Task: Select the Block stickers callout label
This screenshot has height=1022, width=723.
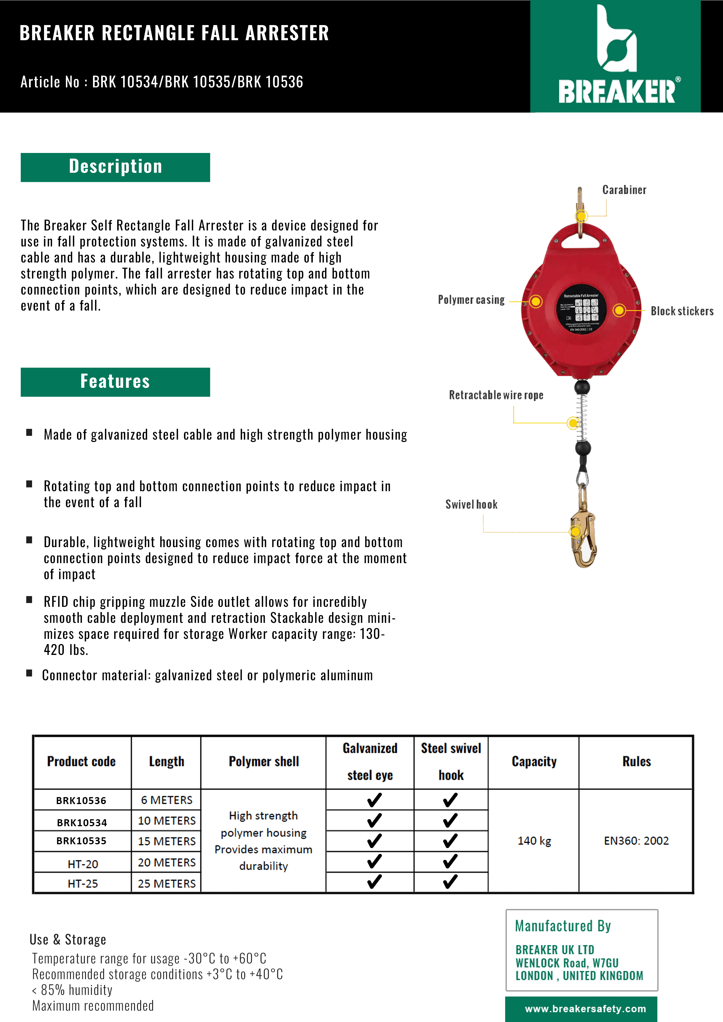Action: [682, 311]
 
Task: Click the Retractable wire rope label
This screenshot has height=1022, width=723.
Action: [496, 395]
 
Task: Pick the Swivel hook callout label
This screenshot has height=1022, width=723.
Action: [471, 504]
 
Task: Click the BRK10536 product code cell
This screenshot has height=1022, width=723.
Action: [82, 800]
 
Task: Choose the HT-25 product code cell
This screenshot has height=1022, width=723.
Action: [83, 884]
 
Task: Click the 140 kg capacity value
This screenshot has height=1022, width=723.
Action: [534, 841]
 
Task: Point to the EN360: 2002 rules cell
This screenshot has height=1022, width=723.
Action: [636, 841]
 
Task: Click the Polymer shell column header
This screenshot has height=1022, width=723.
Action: [264, 762]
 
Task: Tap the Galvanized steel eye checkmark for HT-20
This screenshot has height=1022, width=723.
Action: [374, 862]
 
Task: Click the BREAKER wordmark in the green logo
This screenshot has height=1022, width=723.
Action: [617, 92]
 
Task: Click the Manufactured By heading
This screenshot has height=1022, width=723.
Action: [563, 926]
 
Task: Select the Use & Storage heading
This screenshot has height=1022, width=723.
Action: [68, 939]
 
